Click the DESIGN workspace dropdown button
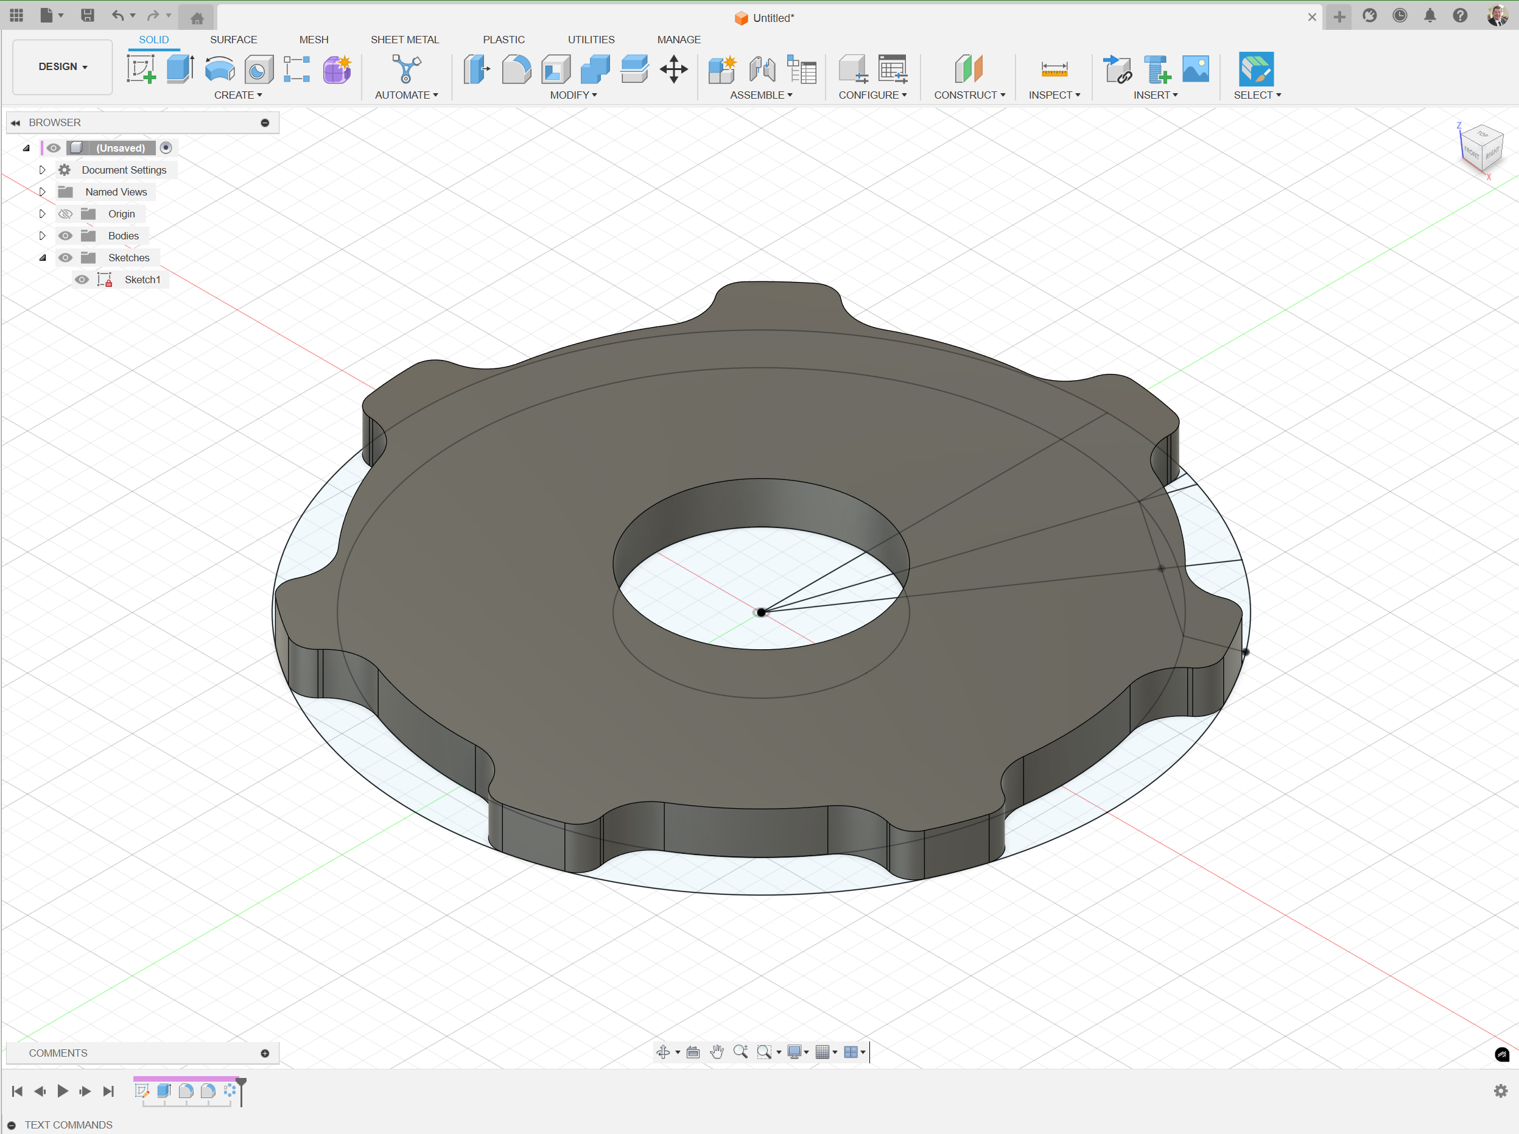pos(63,66)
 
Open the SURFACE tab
pos(233,40)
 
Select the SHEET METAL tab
pos(404,40)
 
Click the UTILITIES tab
pos(591,40)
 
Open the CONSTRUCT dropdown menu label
pos(969,96)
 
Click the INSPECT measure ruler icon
pos(1054,69)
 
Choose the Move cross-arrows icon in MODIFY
pos(674,69)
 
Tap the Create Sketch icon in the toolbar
pos(141,69)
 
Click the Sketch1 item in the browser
pos(142,280)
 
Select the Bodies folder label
pos(124,236)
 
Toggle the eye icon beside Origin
pos(65,214)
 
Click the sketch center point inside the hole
pos(761,612)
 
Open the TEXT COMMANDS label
pos(69,1124)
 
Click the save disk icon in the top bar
pos(87,16)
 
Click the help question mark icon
pos(1460,16)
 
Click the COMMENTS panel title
pos(58,1053)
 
